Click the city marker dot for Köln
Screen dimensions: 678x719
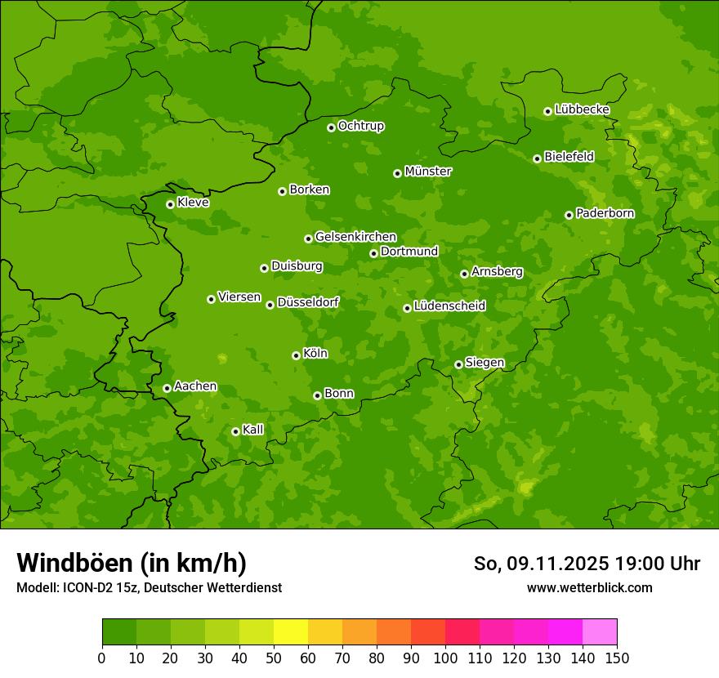coord(296,355)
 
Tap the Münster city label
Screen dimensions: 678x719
coord(428,172)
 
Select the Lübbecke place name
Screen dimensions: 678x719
coord(582,109)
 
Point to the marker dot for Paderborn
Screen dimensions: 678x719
coord(569,215)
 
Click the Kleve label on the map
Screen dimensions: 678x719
coord(193,203)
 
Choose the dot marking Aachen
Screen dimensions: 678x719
coord(167,388)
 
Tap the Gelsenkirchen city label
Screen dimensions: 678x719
coord(355,237)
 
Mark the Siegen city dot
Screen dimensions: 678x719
coord(458,364)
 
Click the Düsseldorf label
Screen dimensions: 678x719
coord(308,302)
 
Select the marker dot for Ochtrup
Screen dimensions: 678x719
coord(331,127)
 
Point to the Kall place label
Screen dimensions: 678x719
coord(253,430)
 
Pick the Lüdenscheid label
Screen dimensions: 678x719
coord(449,306)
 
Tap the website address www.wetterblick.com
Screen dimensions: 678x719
coord(589,587)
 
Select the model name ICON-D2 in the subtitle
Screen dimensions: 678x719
coord(89,587)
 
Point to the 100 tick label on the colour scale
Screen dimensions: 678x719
coord(445,658)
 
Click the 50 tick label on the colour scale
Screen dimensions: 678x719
coord(274,658)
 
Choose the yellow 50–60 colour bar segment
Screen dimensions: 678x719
coord(291,632)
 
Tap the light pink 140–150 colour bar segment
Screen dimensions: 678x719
coord(600,632)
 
